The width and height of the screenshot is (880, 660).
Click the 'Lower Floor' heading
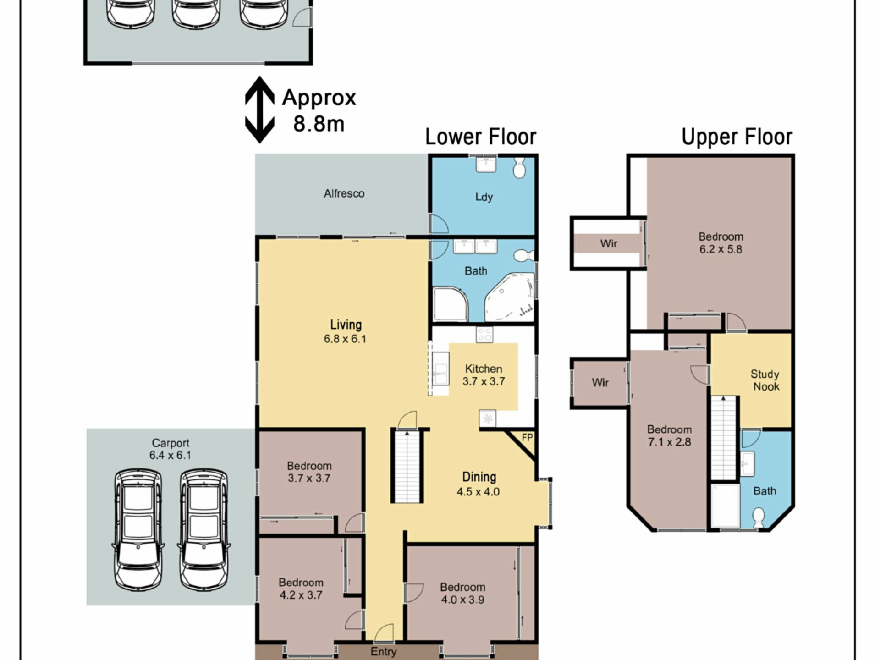click(x=481, y=137)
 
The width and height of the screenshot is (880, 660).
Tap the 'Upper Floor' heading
click(x=737, y=137)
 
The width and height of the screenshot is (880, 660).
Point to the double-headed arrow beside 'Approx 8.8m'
click(x=260, y=110)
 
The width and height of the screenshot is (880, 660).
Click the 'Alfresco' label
click(x=344, y=193)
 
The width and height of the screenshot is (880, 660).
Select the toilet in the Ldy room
click(x=519, y=168)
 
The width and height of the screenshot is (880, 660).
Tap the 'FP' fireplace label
click(x=527, y=438)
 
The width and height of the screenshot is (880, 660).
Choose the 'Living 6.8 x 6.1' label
click(x=345, y=331)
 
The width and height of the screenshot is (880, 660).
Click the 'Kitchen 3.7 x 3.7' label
click(x=484, y=375)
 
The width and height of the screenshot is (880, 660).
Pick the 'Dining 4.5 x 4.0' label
click(x=478, y=484)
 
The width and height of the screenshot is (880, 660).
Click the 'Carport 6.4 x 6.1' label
click(x=170, y=449)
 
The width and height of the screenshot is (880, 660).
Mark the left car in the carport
click(x=138, y=529)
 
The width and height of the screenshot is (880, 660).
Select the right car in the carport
click(x=204, y=529)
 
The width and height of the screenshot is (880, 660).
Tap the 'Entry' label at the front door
click(x=384, y=652)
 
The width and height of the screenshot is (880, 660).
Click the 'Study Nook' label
click(x=765, y=380)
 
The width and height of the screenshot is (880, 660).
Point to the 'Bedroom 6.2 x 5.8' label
click(x=721, y=243)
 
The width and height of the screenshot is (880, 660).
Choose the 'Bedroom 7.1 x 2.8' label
click(x=669, y=435)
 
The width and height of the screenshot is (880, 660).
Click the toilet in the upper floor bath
click(x=759, y=517)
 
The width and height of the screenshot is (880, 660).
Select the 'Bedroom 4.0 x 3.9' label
click(x=462, y=593)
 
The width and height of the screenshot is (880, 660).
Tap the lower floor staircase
click(x=407, y=466)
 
